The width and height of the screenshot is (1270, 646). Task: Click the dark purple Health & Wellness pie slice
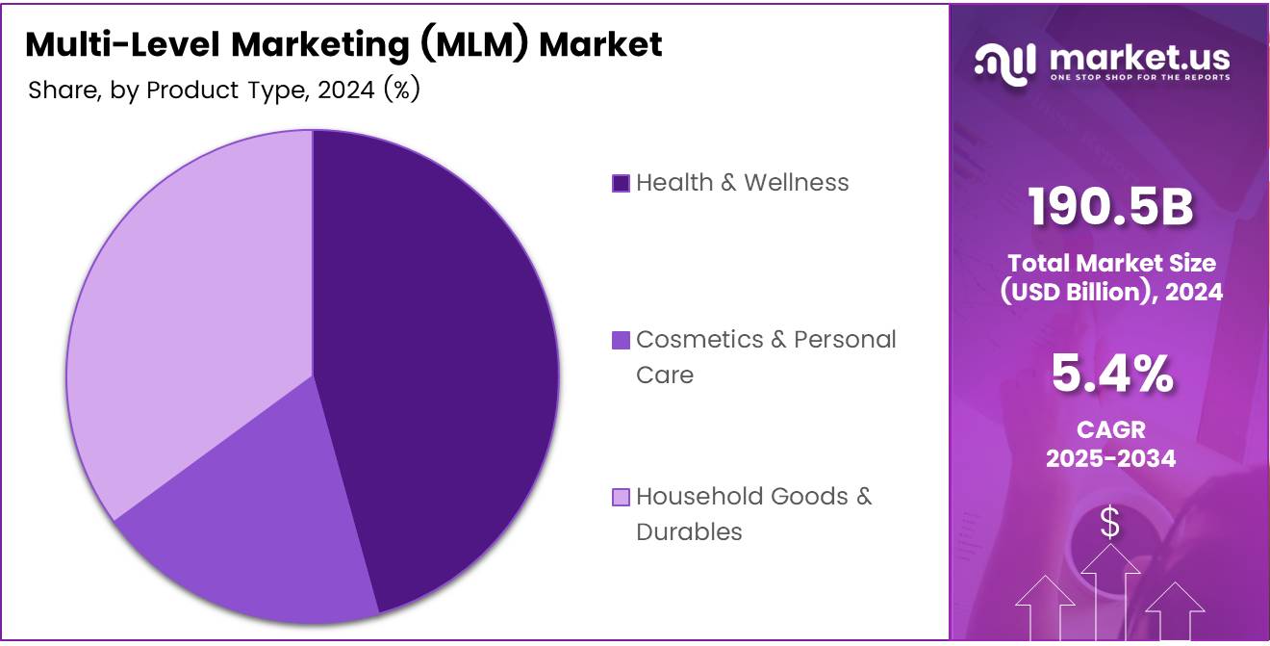[x=443, y=366]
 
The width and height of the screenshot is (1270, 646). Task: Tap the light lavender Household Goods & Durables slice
[x=183, y=308]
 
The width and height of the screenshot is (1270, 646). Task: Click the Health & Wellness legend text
[x=742, y=183]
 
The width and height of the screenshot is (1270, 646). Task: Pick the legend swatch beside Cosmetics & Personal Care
[x=621, y=340]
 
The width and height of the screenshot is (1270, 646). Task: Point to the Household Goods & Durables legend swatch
[x=621, y=497]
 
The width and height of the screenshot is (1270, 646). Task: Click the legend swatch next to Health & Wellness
[x=621, y=183]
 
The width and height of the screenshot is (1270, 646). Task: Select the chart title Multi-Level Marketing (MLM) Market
[x=343, y=44]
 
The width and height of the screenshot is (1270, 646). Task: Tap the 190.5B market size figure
[x=1110, y=207]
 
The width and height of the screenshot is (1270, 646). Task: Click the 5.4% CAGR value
[x=1110, y=375]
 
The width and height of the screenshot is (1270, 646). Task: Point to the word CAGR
[x=1110, y=430]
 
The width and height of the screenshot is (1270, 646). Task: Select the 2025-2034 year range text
[x=1110, y=458]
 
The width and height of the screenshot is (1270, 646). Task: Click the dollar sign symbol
[x=1110, y=523]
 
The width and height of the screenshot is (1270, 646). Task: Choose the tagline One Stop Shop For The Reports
[x=1139, y=77]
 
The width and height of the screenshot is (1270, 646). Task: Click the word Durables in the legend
[x=689, y=531]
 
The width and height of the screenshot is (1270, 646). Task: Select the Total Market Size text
[x=1110, y=263]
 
